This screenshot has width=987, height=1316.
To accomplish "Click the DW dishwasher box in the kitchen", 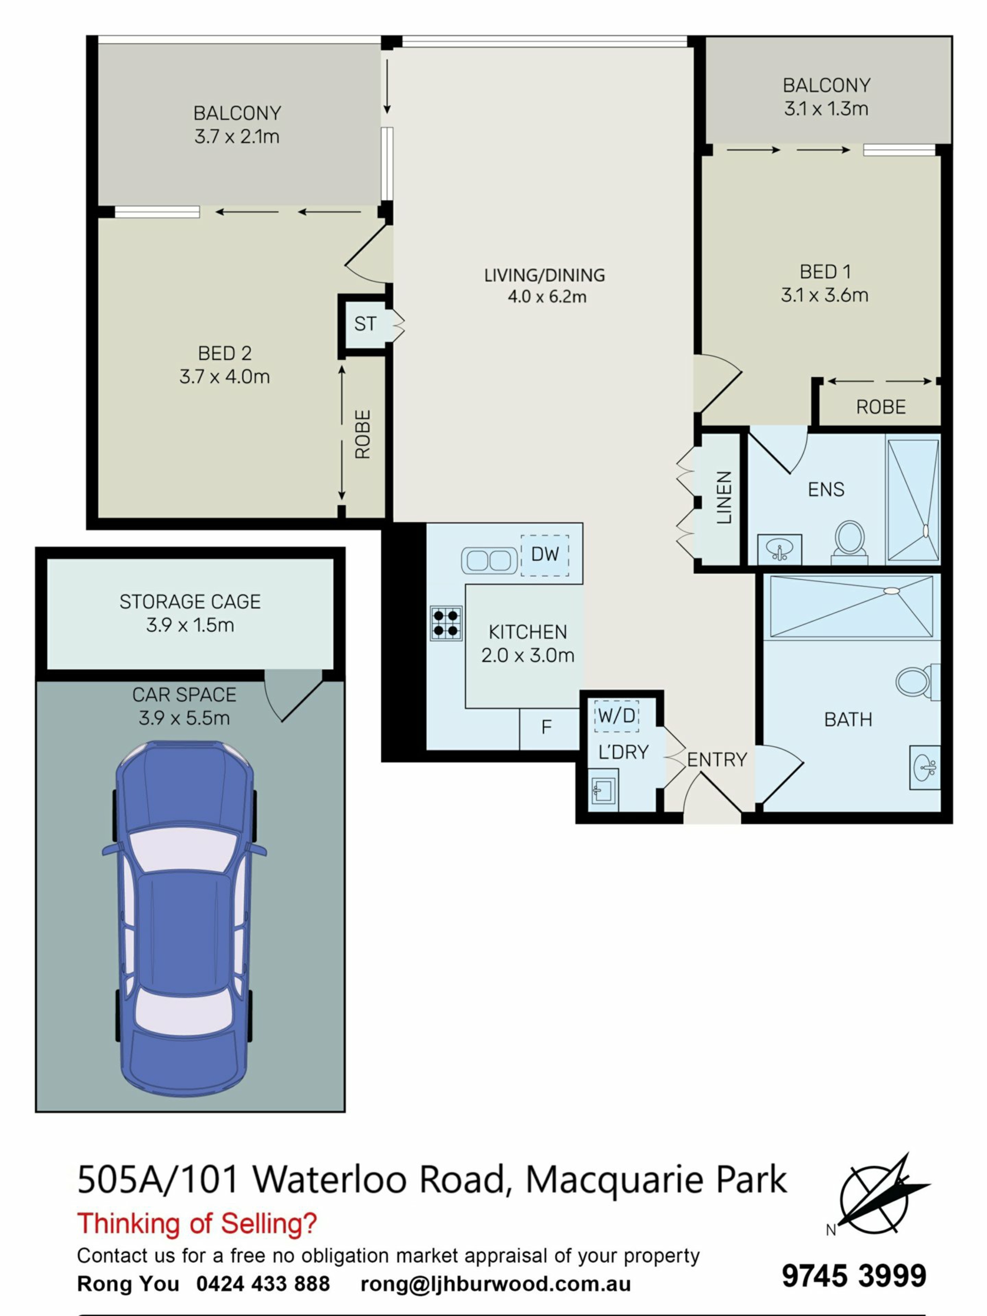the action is pyautogui.click(x=544, y=555).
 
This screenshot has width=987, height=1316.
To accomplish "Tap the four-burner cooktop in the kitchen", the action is pyautogui.click(x=446, y=623).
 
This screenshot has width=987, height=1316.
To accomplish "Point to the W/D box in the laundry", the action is pyautogui.click(x=616, y=715).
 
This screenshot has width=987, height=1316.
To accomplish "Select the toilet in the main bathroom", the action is pyautogui.click(x=917, y=682).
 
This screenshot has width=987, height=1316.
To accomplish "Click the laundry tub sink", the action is pyautogui.click(x=602, y=790).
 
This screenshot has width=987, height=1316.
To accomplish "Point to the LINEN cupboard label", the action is pyautogui.click(x=723, y=498).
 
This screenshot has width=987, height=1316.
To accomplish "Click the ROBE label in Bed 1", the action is pyautogui.click(x=881, y=407).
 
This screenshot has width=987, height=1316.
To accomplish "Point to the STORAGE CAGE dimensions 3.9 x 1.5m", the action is pyautogui.click(x=190, y=625).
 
